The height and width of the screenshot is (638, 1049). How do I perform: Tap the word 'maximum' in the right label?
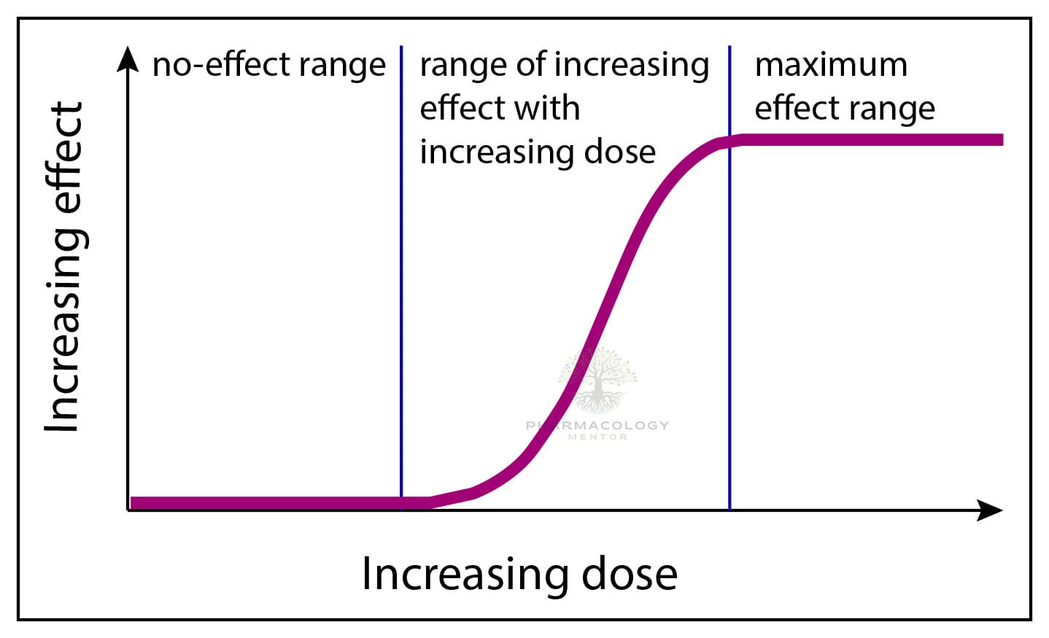click(831, 65)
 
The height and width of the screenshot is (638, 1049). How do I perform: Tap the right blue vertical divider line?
click(729, 328)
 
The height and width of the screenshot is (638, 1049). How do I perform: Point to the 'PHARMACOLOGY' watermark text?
click(597, 425)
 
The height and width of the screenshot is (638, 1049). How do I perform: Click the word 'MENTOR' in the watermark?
click(597, 437)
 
